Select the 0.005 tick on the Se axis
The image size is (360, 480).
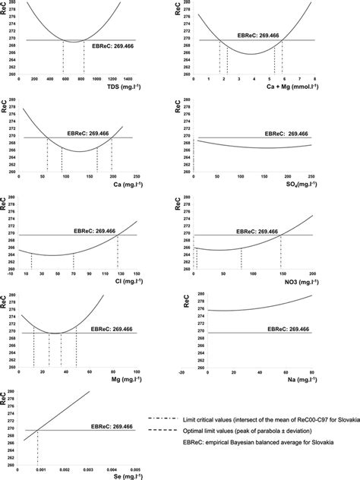point(135,465)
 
